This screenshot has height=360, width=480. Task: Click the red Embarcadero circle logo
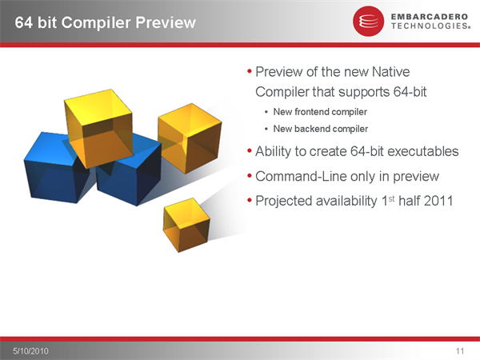[368, 21]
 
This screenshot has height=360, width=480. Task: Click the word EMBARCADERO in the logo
[430, 17]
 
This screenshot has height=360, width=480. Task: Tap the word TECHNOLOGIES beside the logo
[430, 26]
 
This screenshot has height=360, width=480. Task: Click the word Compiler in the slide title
[96, 23]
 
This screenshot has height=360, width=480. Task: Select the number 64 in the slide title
[24, 22]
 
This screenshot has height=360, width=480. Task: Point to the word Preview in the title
[166, 22]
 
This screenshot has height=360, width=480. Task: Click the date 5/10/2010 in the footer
[30, 351]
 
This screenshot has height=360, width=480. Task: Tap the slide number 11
[460, 351]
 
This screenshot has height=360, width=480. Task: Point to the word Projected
[283, 202]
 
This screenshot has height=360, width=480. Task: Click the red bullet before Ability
[249, 151]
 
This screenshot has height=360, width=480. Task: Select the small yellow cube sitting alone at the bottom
[186, 225]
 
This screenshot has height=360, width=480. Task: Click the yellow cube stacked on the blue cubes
[99, 129]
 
